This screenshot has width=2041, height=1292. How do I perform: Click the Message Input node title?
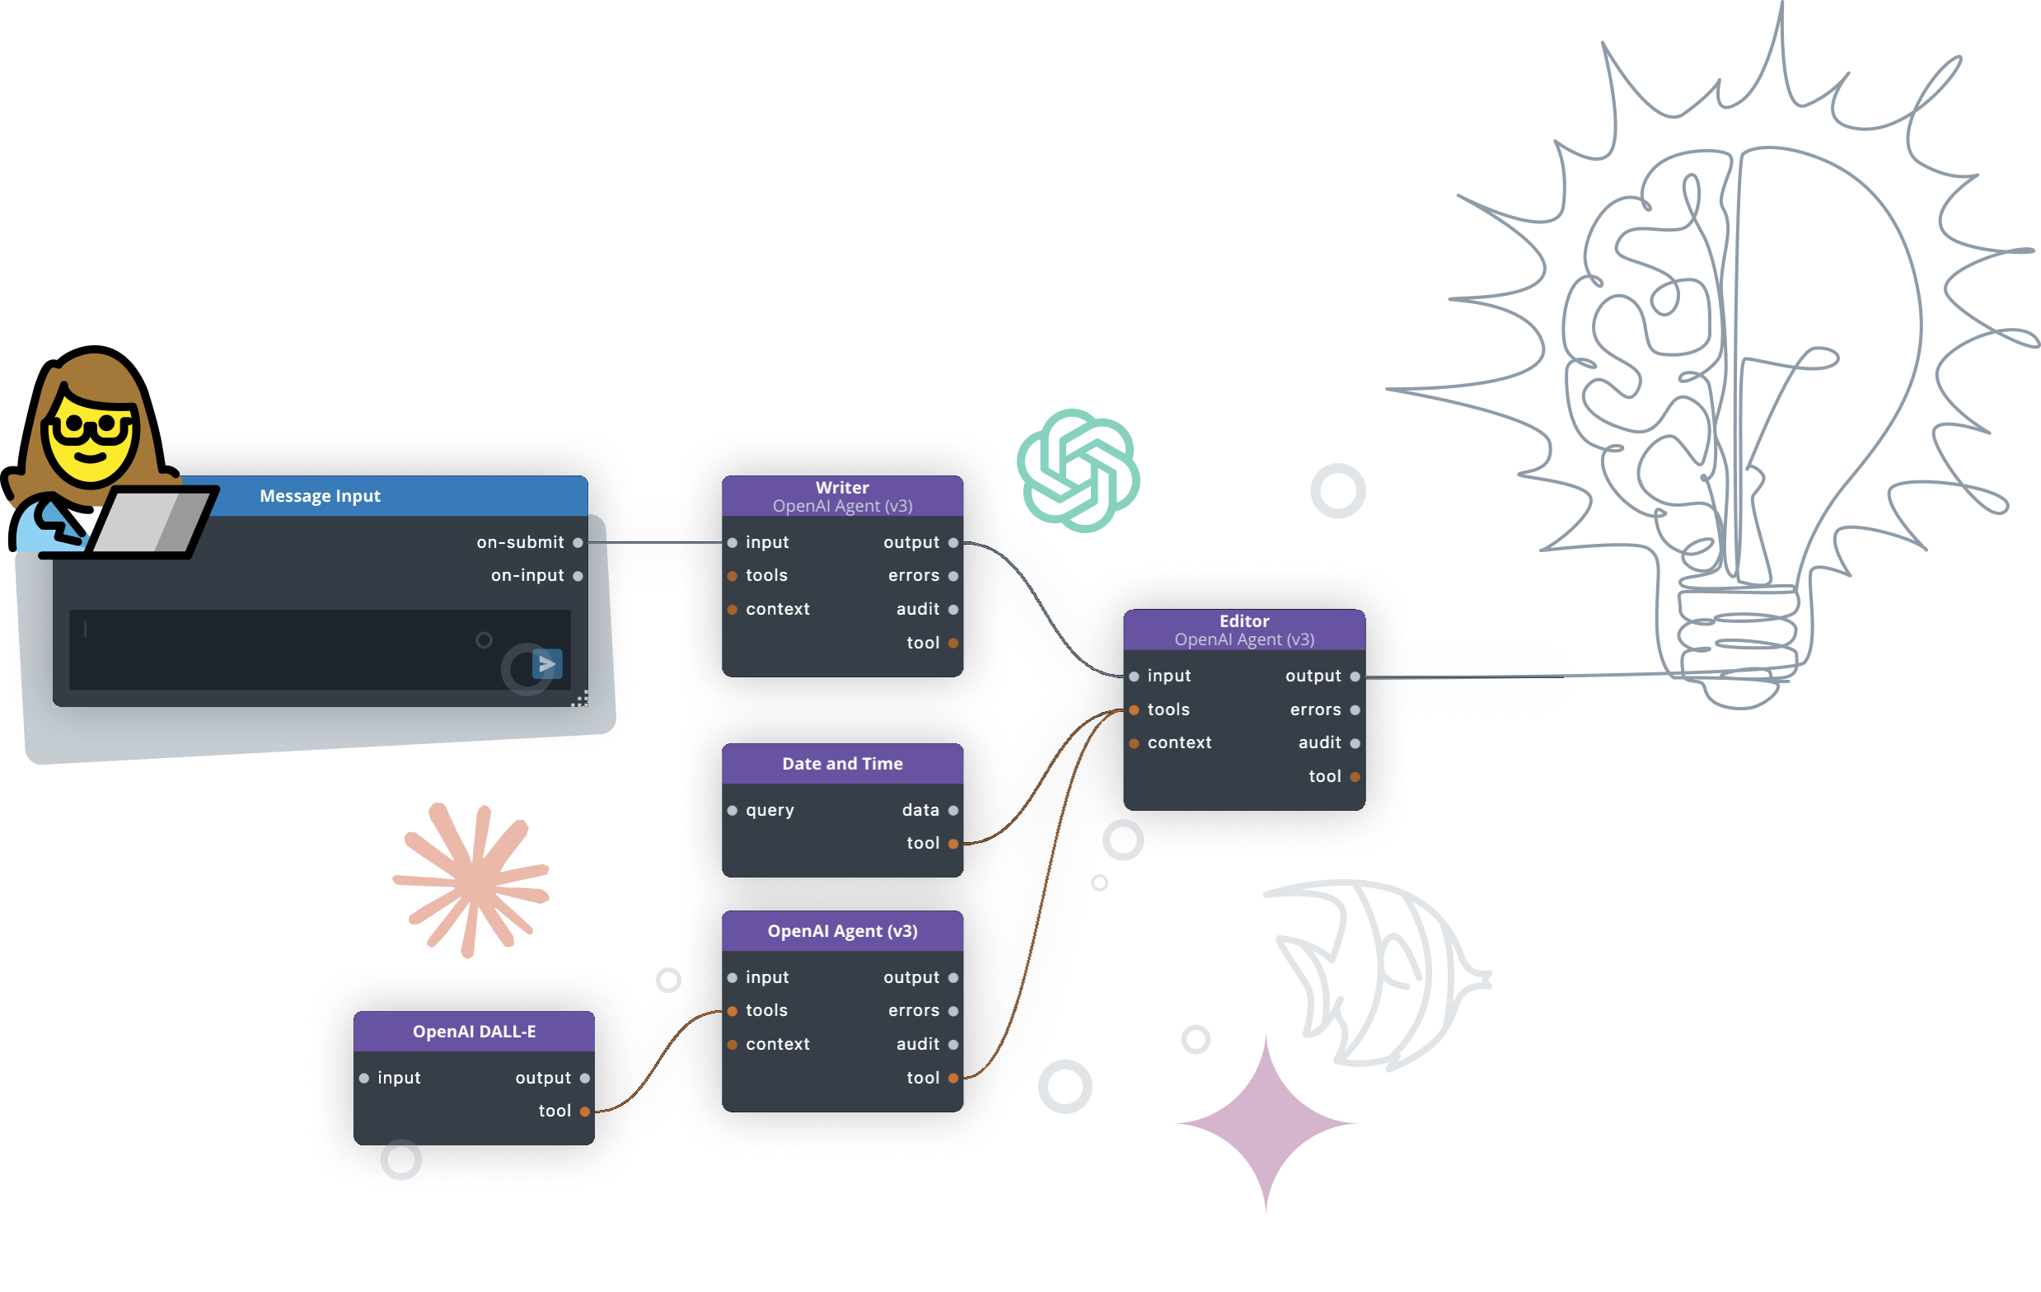coord(320,496)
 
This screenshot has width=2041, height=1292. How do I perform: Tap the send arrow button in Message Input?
coord(546,664)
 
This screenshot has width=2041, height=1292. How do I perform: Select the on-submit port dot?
coord(578,542)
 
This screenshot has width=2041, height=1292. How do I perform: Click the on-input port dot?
coord(578,577)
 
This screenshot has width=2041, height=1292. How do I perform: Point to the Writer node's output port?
coord(953,542)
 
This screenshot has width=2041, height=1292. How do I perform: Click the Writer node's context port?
coord(733,610)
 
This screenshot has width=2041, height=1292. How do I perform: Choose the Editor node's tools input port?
coord(1134,709)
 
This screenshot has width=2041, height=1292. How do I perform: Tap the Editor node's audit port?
coord(1355,743)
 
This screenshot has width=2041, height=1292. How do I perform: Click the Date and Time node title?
coord(841,764)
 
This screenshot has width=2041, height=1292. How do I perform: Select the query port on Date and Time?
coord(733,811)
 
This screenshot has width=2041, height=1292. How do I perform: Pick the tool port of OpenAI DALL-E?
coord(585,1112)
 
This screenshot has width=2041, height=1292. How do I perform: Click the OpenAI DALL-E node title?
coord(474,1032)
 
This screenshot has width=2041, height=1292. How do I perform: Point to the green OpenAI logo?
coord(1077,470)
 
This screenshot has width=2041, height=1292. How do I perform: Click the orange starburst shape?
coord(473,879)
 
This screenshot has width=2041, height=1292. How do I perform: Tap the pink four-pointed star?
coord(1266,1123)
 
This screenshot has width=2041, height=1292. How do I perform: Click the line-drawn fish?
coord(1382,975)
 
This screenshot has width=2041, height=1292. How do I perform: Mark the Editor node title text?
coord(1243,621)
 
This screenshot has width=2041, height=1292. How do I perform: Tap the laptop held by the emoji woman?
coord(152,522)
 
